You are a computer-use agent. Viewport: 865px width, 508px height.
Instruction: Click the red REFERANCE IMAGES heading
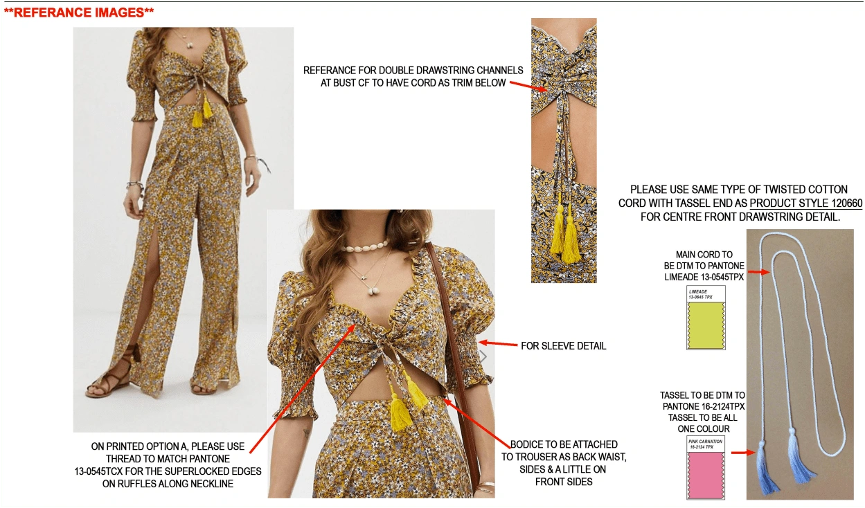(x=79, y=12)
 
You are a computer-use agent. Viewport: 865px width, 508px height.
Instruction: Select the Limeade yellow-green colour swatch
(x=706, y=325)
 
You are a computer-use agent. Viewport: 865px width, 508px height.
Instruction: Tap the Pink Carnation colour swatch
(x=706, y=475)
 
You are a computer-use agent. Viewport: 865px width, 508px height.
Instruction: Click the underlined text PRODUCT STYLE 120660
(x=805, y=203)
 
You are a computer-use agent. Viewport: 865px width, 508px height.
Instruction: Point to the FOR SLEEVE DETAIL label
(x=564, y=346)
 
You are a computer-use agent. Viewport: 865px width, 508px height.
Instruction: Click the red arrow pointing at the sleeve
(x=498, y=343)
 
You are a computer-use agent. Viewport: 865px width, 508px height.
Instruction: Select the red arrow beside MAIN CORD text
(x=759, y=272)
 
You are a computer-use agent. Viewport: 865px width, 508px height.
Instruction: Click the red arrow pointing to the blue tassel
(x=743, y=452)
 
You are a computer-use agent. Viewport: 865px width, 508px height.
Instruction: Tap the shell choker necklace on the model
(x=364, y=246)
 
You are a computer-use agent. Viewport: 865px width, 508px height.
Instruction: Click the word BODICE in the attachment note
(x=526, y=444)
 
